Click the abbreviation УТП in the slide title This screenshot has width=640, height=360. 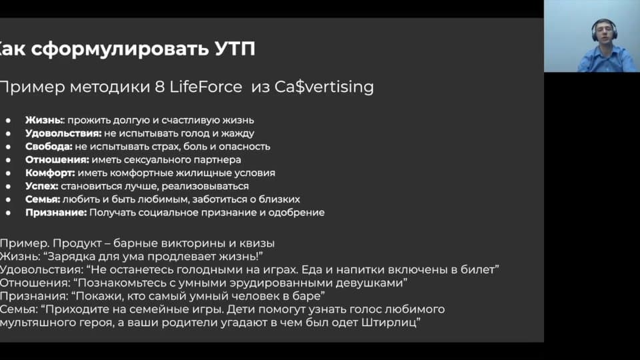(x=235, y=49)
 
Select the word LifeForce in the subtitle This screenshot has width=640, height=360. (x=206, y=87)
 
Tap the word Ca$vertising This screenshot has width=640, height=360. (x=324, y=87)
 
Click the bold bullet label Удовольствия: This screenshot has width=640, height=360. (x=63, y=133)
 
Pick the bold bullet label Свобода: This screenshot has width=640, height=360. (x=49, y=147)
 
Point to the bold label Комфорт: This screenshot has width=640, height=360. (x=50, y=173)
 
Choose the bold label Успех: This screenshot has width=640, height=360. (x=41, y=186)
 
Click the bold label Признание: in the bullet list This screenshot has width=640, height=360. (x=56, y=213)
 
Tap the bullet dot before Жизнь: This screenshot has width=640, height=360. (x=8, y=121)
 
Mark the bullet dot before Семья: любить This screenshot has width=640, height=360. (x=8, y=199)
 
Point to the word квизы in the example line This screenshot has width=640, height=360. (x=257, y=243)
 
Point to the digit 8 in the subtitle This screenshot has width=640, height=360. (x=159, y=87)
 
